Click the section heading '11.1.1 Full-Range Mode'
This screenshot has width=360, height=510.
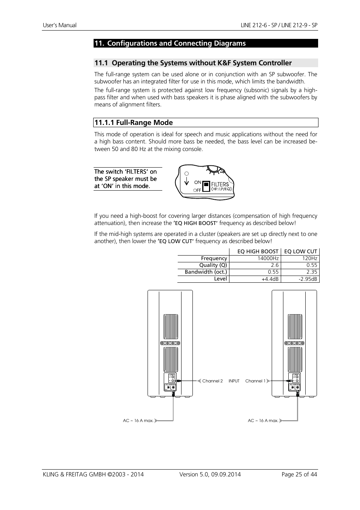[x=134, y=123]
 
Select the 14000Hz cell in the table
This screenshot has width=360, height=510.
[x=268, y=259]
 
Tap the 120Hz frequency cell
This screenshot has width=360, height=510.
[x=309, y=259]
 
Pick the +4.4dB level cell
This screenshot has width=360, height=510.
[x=270, y=279]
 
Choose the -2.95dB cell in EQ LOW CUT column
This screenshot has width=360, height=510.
[x=308, y=279]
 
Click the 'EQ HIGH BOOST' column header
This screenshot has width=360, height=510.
[x=258, y=252]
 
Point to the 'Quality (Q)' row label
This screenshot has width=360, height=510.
[x=213, y=265]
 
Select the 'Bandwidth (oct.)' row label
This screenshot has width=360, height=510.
[x=206, y=272]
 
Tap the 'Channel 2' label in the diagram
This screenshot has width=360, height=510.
[x=212, y=381]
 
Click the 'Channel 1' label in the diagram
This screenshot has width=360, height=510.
[x=255, y=381]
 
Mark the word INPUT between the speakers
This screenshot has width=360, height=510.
[x=234, y=381]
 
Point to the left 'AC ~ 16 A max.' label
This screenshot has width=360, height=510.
[x=138, y=421]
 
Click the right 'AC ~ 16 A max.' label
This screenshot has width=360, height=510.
[x=263, y=421]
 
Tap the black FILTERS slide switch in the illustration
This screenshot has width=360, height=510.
[x=206, y=186]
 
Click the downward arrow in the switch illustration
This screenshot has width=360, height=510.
[x=186, y=182]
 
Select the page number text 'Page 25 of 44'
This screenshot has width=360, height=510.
[x=299, y=475]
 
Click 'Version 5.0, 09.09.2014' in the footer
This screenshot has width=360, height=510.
[x=210, y=475]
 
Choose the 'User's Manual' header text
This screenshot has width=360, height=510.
[x=60, y=25]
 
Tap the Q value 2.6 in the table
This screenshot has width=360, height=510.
[x=274, y=265]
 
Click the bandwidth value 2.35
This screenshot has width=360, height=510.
[x=312, y=272]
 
